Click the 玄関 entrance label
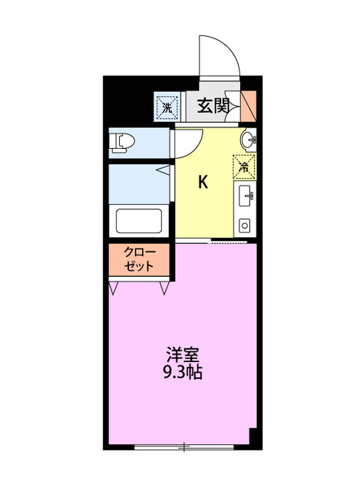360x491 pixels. pyautogui.click(x=213, y=106)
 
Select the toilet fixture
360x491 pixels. pyautogui.click(x=122, y=142)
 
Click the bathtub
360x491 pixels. pyautogui.click(x=138, y=222)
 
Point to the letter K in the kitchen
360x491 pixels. pyautogui.click(x=203, y=182)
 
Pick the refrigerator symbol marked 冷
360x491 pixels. pyautogui.click(x=245, y=165)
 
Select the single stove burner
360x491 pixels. pyautogui.click(x=245, y=226)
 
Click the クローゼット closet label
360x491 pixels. pyautogui.click(x=139, y=259)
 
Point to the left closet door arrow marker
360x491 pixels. pyautogui.click(x=114, y=288)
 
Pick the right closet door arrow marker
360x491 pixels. pyautogui.click(x=166, y=288)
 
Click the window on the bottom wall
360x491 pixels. pyautogui.click(x=183, y=446)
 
